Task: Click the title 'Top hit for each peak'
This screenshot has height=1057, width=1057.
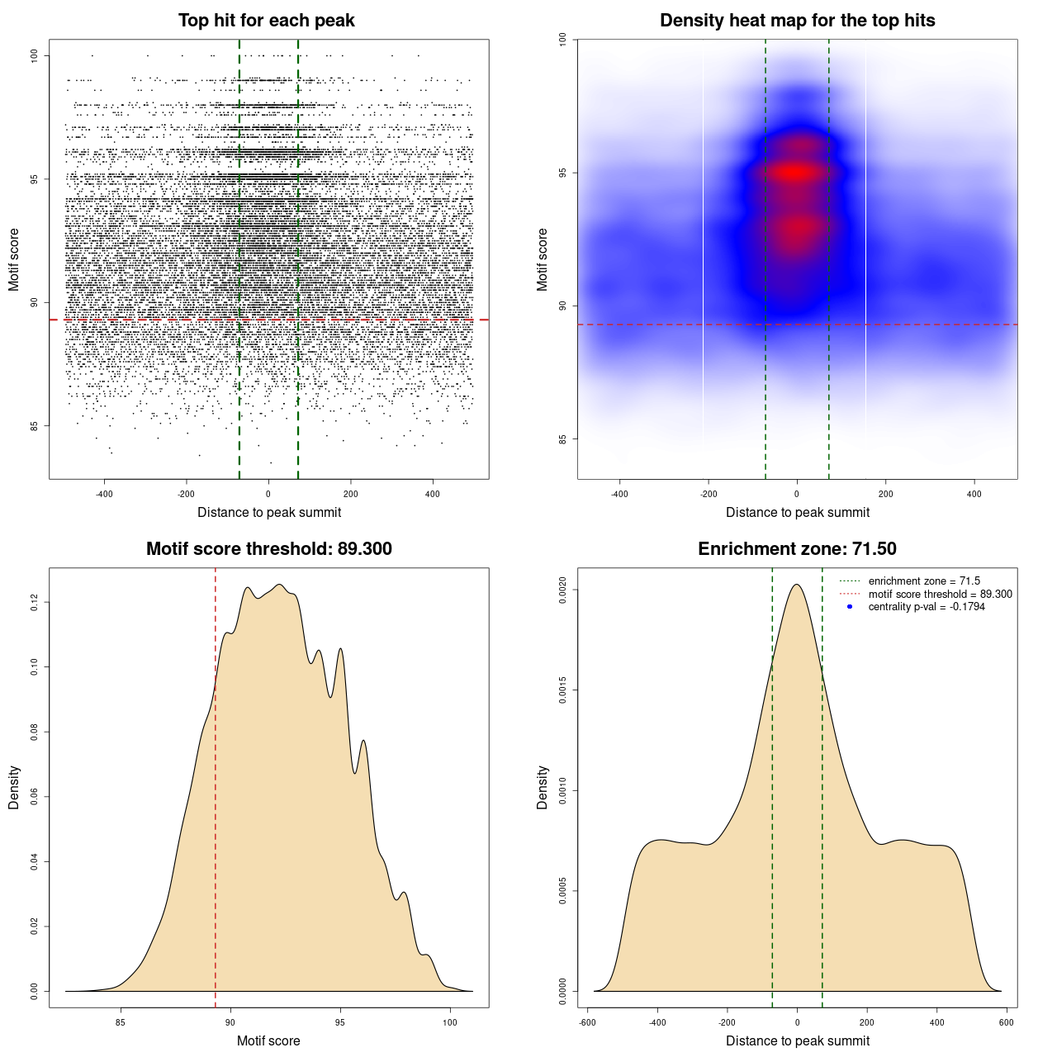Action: click(x=266, y=21)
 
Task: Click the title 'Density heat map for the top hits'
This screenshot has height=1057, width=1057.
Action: click(x=797, y=21)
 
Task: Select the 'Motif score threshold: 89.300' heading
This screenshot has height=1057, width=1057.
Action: click(x=268, y=549)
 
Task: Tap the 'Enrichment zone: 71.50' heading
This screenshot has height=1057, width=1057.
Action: click(x=797, y=549)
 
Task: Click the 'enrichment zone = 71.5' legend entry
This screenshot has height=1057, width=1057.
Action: click(x=924, y=581)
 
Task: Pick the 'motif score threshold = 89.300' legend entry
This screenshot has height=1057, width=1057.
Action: click(x=940, y=595)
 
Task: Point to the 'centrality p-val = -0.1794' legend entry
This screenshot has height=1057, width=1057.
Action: click(x=927, y=607)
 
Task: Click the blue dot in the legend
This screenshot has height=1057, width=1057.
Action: click(x=850, y=607)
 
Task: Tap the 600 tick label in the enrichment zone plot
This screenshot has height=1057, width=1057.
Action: click(x=1006, y=1022)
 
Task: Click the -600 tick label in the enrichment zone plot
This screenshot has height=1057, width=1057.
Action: click(x=587, y=1022)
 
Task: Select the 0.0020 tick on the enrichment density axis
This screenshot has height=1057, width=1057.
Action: click(x=562, y=590)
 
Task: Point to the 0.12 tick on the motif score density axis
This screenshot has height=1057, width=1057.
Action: click(x=34, y=603)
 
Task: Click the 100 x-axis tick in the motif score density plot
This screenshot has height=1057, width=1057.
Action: click(x=449, y=1022)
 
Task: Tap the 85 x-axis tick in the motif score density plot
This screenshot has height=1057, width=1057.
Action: click(x=121, y=1022)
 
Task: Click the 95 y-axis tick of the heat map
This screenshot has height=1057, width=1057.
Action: click(x=562, y=173)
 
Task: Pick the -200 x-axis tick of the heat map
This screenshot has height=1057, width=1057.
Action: click(x=708, y=494)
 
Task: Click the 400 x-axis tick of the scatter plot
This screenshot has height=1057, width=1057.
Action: click(x=432, y=494)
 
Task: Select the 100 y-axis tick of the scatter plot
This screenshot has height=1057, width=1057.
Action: click(x=34, y=55)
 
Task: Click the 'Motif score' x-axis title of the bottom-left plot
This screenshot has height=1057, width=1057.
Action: click(x=268, y=1040)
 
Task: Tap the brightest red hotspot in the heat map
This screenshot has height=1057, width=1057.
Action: click(x=794, y=173)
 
